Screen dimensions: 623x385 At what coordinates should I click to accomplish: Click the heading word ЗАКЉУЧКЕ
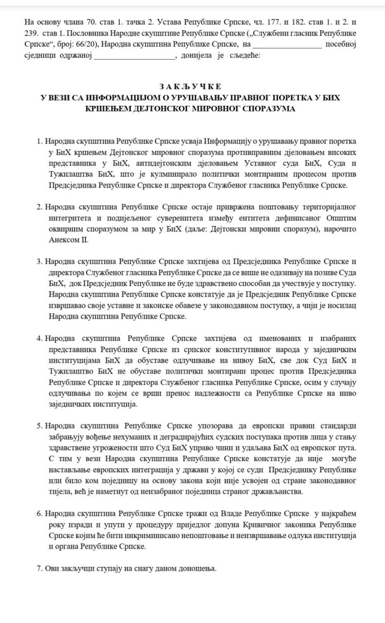(192, 86)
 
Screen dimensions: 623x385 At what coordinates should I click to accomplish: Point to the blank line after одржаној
(134, 56)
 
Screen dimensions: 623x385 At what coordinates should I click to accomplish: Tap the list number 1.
(38, 141)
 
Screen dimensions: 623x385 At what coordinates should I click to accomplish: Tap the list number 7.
(38, 570)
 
